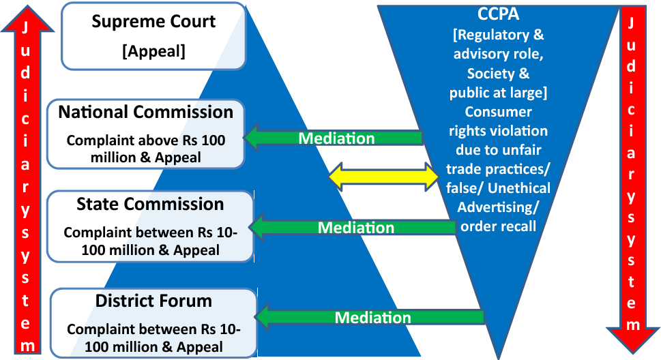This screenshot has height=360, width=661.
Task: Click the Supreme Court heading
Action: [x=153, y=22]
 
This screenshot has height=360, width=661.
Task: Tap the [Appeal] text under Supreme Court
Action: [x=154, y=51]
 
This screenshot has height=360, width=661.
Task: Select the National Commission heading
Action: [x=145, y=112]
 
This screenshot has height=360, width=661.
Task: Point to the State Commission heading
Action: [x=150, y=204]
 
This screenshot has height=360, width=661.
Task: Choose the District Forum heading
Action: [x=153, y=301]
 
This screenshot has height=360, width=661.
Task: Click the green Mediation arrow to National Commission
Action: [x=333, y=138]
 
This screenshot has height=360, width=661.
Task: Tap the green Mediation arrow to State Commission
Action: [x=353, y=227]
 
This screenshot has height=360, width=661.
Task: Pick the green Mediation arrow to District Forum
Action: [x=369, y=317]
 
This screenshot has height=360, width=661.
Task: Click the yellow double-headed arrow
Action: [x=383, y=176]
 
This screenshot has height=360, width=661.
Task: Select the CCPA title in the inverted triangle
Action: [x=498, y=14]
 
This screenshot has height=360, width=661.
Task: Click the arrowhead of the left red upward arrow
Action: [x=27, y=19]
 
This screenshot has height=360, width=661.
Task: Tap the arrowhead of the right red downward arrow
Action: [x=633, y=340]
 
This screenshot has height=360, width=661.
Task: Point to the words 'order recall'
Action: [x=498, y=226]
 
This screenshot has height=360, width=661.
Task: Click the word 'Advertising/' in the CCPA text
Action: [x=498, y=207]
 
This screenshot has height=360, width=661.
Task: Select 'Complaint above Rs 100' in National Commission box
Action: [x=146, y=140]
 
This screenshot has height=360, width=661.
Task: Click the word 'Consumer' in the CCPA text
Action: [x=498, y=112]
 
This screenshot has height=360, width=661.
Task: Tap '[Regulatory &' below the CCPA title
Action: [x=498, y=35]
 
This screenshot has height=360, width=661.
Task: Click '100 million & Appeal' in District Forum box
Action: [x=153, y=347]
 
